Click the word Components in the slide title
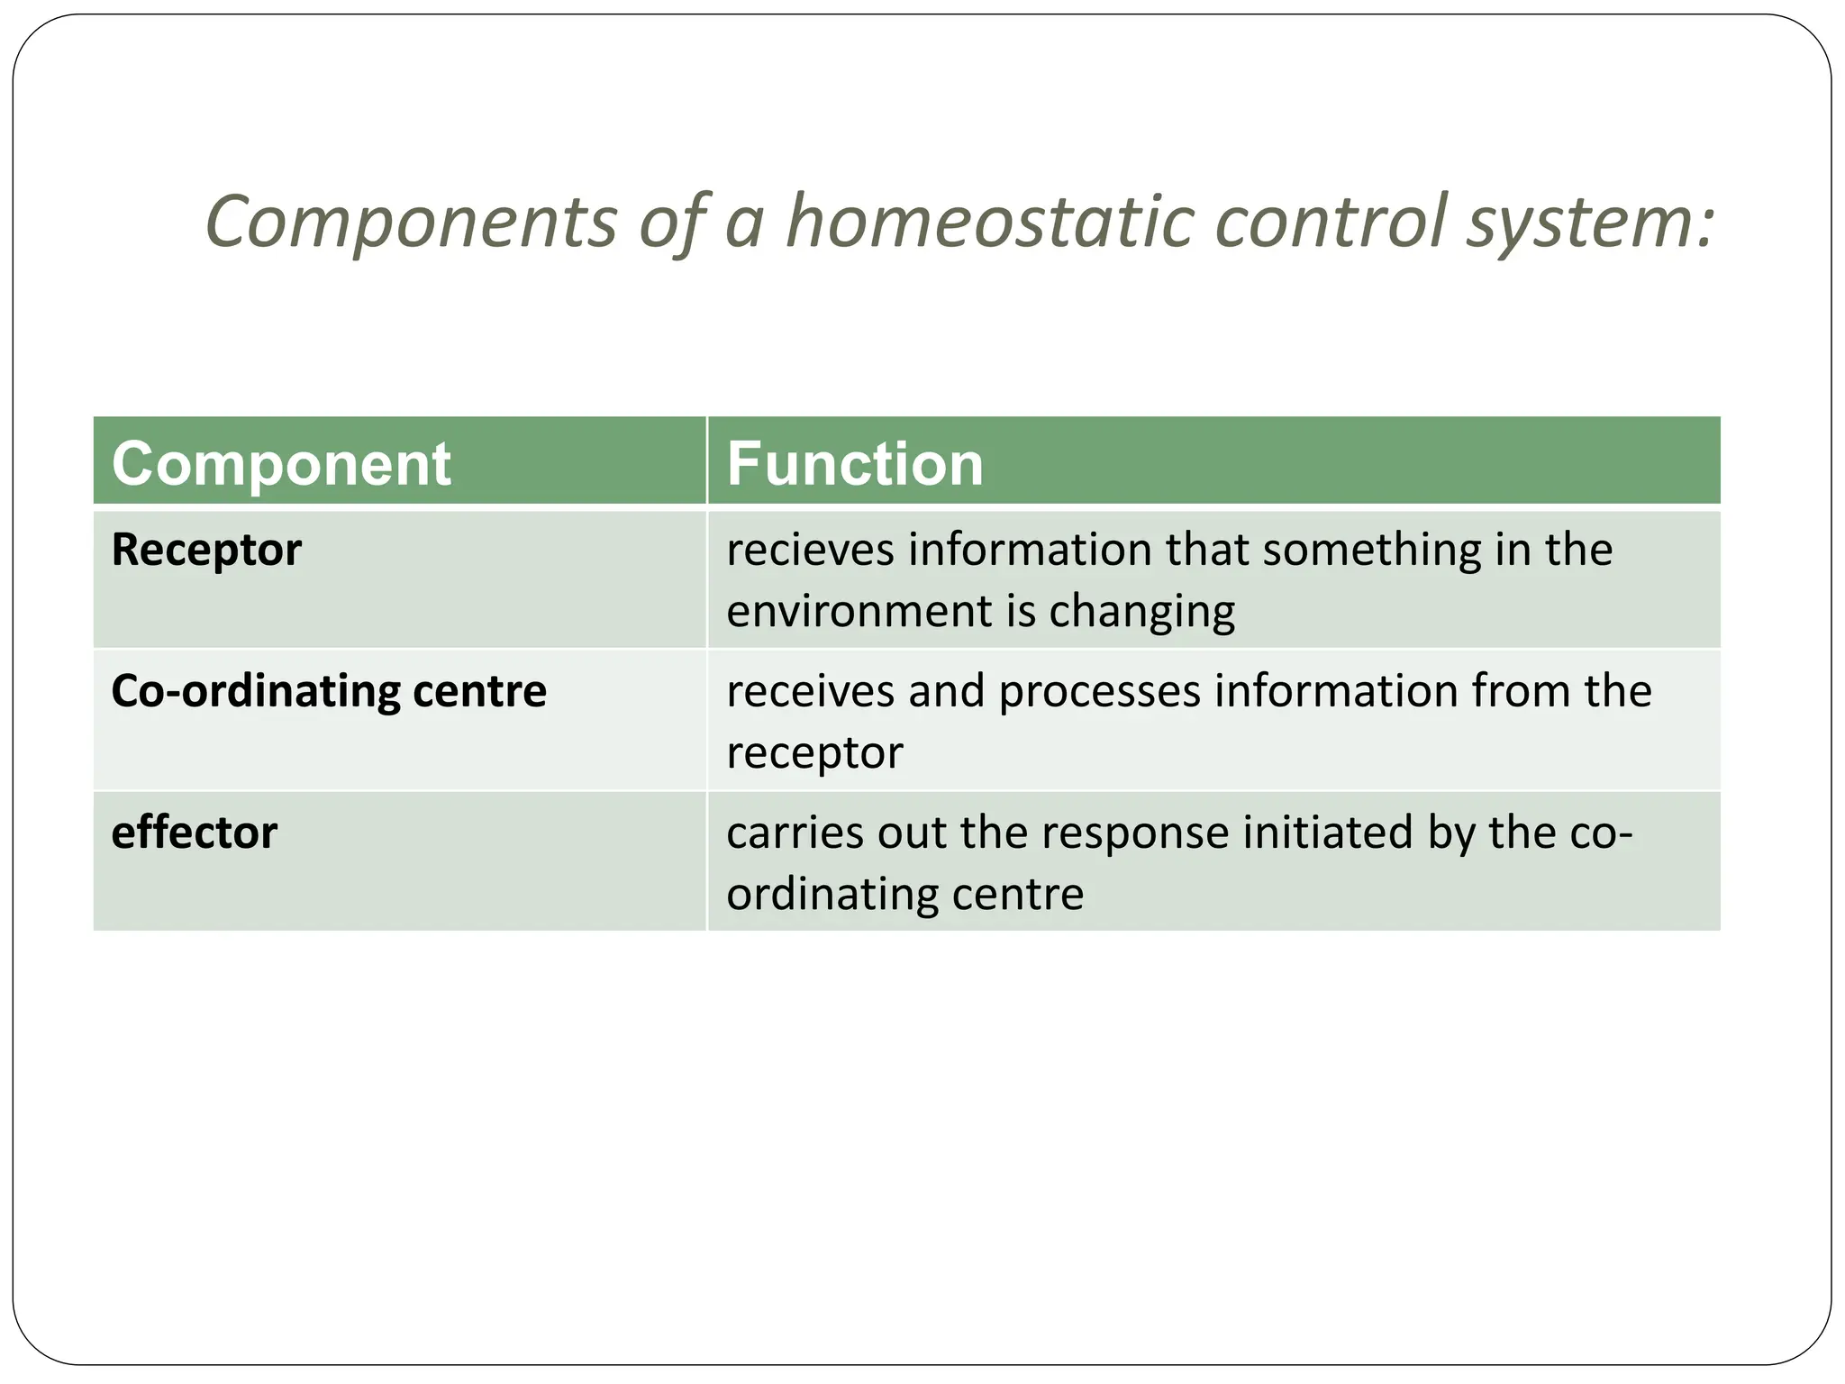point(411,223)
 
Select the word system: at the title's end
point(1590,223)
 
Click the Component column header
point(281,465)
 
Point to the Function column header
point(854,465)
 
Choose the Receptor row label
point(206,550)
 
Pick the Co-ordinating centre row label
point(329,691)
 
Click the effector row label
point(194,833)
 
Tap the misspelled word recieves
point(810,550)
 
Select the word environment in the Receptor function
point(859,611)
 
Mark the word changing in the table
point(1141,613)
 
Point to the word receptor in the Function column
point(814,753)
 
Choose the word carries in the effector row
point(794,833)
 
